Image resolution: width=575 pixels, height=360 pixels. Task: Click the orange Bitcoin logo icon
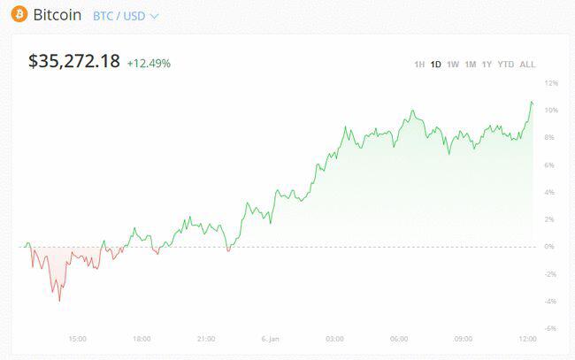click(19, 15)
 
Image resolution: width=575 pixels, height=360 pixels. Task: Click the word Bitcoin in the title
click(57, 15)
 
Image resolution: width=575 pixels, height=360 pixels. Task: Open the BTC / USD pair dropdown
click(126, 16)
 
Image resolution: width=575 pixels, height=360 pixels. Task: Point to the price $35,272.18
click(74, 62)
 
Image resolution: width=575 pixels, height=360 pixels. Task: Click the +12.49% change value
click(149, 64)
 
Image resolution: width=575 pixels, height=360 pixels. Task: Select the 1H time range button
click(419, 64)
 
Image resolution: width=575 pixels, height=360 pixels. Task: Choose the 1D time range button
click(436, 64)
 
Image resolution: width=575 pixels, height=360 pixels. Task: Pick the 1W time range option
click(453, 64)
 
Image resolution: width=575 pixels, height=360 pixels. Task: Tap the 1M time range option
click(471, 64)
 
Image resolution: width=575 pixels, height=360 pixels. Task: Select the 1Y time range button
click(487, 64)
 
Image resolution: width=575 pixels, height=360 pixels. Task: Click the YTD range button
click(506, 64)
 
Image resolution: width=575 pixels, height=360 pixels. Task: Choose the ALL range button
click(528, 64)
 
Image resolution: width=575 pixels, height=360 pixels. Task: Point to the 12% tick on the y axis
click(551, 82)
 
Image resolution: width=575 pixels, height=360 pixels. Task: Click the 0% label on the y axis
click(551, 247)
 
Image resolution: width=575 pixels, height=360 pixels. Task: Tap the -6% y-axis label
click(550, 329)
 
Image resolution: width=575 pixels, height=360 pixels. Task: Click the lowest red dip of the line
click(60, 301)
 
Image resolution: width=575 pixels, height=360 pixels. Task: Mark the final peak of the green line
click(532, 102)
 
